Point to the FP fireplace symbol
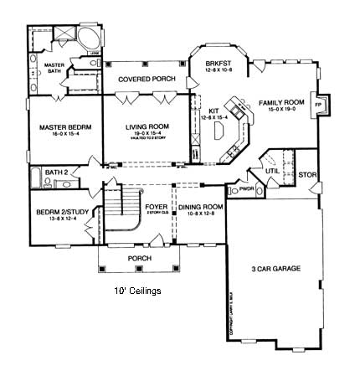click(317, 106)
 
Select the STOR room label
click(307, 176)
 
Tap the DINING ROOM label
click(202, 206)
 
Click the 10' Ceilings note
click(138, 291)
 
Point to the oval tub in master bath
click(87, 41)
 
